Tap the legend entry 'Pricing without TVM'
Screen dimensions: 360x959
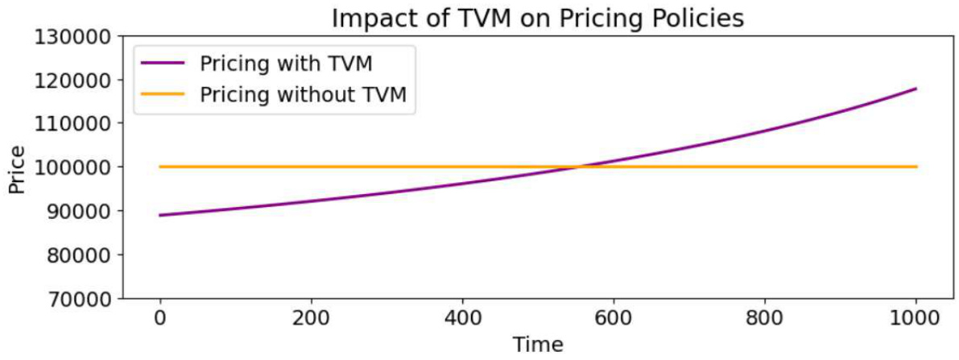(308, 95)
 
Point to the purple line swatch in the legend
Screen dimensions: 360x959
(163, 62)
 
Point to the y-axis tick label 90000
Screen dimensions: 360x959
(79, 210)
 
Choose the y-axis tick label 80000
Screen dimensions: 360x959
(79, 254)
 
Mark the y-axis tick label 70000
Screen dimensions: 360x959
(79, 298)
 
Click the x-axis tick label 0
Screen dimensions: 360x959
(160, 318)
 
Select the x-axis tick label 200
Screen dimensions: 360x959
(311, 318)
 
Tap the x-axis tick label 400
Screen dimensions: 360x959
(462, 318)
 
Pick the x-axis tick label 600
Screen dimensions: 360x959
(614, 318)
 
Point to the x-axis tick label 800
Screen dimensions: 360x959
(765, 318)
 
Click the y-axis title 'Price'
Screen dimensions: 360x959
(17, 168)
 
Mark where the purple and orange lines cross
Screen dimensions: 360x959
(578, 167)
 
